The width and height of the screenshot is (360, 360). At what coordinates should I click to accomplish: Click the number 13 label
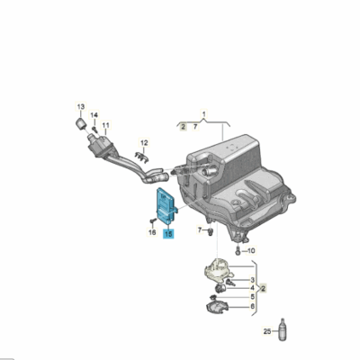pyautogui.click(x=80, y=106)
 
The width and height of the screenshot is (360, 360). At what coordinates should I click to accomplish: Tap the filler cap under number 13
pyautogui.click(x=80, y=121)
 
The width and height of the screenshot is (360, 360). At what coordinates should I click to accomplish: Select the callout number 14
pyautogui.click(x=94, y=115)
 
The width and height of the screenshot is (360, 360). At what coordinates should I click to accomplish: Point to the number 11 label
pyautogui.click(x=105, y=125)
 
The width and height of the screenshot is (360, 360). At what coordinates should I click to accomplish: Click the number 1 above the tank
pyautogui.click(x=203, y=116)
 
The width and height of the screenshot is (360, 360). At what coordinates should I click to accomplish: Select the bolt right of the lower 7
pyautogui.click(x=209, y=231)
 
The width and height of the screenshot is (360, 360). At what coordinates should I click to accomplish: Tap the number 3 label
pyautogui.click(x=252, y=281)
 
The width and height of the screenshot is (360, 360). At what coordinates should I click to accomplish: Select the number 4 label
pyautogui.click(x=252, y=288)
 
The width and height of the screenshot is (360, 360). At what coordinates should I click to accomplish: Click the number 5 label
pyautogui.click(x=252, y=296)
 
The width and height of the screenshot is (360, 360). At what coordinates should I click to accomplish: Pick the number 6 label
pyautogui.click(x=252, y=307)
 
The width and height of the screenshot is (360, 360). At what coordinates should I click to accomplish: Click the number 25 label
pyautogui.click(x=266, y=333)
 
